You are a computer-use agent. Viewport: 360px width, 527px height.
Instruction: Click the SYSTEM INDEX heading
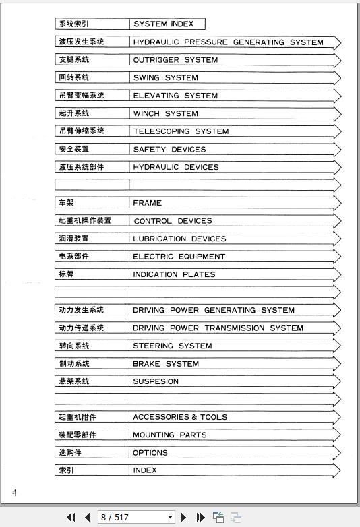(x=163, y=24)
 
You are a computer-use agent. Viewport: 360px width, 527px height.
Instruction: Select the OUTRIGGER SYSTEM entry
(x=175, y=60)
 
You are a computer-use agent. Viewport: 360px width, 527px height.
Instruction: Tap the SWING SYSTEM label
(x=165, y=78)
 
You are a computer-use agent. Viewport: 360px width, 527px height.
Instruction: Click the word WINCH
(x=146, y=114)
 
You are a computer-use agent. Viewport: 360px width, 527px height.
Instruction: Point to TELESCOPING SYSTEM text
(x=181, y=131)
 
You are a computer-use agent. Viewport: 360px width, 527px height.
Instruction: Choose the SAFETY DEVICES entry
(x=169, y=150)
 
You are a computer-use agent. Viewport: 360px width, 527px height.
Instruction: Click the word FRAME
(x=147, y=203)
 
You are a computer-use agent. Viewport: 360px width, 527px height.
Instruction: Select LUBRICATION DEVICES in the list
(x=179, y=239)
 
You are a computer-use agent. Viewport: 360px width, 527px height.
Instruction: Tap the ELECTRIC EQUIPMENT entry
(x=179, y=257)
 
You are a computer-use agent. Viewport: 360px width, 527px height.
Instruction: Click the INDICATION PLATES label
(x=174, y=274)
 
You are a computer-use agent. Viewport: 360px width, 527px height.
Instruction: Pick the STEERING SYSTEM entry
(x=172, y=346)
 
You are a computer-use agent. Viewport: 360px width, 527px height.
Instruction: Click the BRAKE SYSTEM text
(x=166, y=364)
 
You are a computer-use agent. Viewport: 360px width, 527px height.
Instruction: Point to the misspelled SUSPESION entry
(x=156, y=381)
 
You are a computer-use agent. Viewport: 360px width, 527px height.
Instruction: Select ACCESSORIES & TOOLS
(x=180, y=417)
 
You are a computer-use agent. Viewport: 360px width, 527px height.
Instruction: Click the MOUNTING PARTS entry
(x=169, y=435)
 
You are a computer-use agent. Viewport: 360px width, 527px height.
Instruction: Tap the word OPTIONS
(x=150, y=453)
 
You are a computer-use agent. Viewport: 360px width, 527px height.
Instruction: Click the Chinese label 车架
(x=66, y=203)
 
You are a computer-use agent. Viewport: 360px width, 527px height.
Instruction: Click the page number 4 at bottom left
(x=14, y=493)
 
